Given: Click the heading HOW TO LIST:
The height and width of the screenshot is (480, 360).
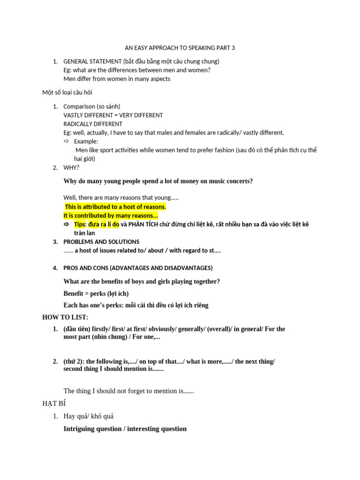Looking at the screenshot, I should (x=65, y=317).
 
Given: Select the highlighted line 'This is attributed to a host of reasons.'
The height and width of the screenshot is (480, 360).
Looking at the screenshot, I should (x=115, y=207).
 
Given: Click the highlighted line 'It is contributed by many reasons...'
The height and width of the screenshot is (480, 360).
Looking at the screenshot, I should (x=111, y=216).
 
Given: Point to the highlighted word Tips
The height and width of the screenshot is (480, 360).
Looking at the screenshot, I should (x=80, y=225).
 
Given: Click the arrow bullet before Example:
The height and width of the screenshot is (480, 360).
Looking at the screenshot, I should (x=66, y=141).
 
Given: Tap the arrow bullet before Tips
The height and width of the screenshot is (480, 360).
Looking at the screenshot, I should (x=66, y=225).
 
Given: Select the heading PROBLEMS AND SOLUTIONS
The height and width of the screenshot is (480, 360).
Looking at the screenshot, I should (x=101, y=242).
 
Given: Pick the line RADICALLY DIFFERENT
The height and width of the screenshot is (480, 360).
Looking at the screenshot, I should (x=93, y=124).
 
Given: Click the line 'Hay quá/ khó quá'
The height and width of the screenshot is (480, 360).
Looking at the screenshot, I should (x=88, y=416).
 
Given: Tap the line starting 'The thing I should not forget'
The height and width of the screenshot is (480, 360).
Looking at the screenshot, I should (x=128, y=390).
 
